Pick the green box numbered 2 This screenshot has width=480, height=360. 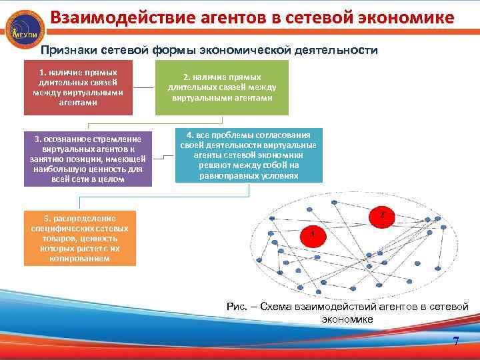coord(222,87)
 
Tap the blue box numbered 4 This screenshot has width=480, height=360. coord(249,155)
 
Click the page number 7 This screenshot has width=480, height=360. coord(456,342)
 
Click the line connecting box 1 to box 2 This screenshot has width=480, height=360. coord(144,87)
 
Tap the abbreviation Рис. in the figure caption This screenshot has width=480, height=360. coord(237,306)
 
